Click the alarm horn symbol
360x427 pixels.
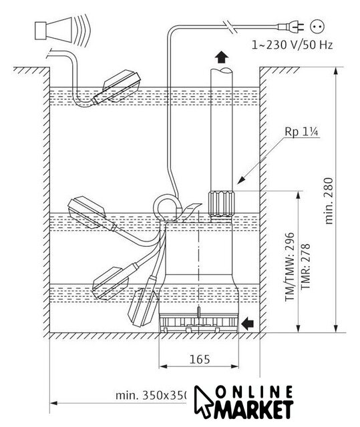click(62, 30)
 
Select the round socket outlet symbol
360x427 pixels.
click(317, 26)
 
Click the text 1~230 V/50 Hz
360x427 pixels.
click(292, 45)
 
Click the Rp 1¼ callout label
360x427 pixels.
click(301, 131)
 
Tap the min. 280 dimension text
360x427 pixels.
click(329, 201)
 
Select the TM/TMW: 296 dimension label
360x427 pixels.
click(290, 267)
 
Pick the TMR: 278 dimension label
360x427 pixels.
click(305, 266)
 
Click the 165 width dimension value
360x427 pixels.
click(200, 359)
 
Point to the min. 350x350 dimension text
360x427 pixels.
click(152, 396)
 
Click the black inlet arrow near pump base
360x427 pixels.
click(248, 324)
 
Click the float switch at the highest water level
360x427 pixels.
click(117, 87)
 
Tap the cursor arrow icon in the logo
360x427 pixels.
click(203, 402)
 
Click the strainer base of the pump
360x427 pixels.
click(198, 324)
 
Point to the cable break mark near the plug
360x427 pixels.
click(230, 27)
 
